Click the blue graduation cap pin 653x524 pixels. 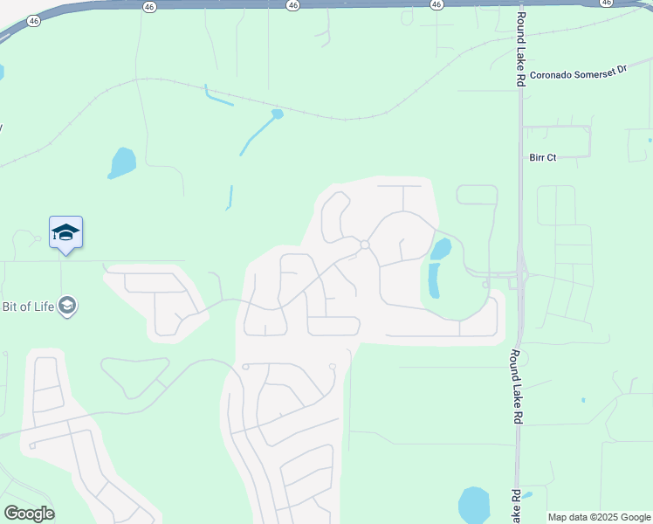(65, 233)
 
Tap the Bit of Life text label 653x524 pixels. (28, 306)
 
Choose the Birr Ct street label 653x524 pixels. (542, 157)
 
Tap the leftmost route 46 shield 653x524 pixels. (33, 20)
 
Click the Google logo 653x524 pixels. (29, 513)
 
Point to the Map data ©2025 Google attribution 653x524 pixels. (599, 517)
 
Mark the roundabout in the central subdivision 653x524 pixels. (364, 245)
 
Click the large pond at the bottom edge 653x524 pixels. (474, 505)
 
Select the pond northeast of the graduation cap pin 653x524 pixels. (122, 162)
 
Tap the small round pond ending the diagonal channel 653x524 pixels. (278, 114)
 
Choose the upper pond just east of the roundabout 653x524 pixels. (442, 249)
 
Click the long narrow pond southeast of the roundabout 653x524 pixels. (434, 281)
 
